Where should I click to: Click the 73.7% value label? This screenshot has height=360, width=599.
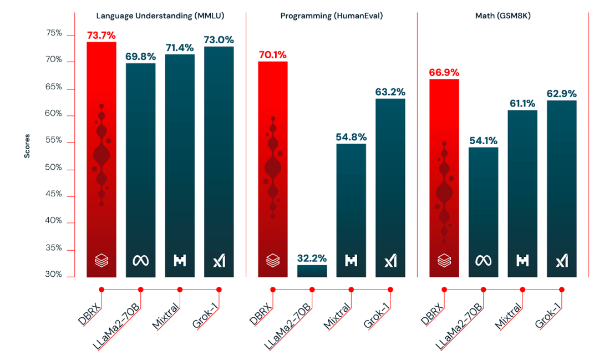coord(101,35)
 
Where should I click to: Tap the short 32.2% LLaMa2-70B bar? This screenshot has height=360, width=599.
coord(312,271)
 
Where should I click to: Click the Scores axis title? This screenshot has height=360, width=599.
coord(27,145)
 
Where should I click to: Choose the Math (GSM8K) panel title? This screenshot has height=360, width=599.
coord(502,16)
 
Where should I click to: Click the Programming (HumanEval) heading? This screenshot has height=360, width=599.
coord(332,16)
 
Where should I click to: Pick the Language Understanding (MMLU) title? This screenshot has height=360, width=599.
coord(160,16)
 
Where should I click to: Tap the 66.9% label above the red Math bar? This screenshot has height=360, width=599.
coord(444,72)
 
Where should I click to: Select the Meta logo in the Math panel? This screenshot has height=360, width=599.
coord(483,260)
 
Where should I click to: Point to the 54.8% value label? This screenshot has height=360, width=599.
coord(351,136)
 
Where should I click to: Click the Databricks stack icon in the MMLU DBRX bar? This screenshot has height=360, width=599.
coord(101,260)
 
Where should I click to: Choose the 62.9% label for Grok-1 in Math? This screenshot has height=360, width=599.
coord(561,93)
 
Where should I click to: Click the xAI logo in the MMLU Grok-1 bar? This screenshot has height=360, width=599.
coord(219,260)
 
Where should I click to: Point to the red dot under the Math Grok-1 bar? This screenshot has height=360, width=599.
coord(562,289)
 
